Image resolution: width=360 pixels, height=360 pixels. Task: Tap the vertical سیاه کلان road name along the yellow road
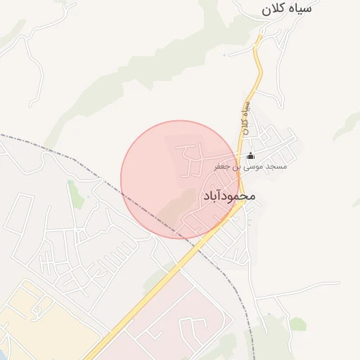(246, 117)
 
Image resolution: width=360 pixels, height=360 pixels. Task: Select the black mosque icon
(251, 156)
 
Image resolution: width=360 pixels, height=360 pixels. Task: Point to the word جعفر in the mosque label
(221, 167)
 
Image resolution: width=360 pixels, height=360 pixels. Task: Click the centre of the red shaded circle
(179, 179)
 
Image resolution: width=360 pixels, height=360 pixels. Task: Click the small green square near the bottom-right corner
(298, 323)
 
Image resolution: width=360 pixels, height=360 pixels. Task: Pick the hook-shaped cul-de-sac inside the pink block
(190, 326)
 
